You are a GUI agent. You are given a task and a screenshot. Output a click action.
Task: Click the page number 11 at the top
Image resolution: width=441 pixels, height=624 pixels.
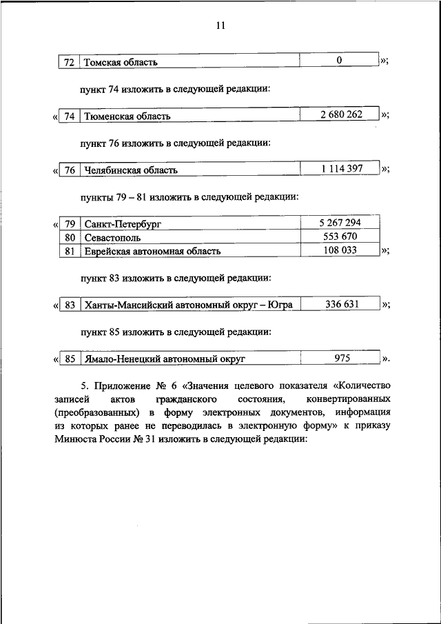(220, 26)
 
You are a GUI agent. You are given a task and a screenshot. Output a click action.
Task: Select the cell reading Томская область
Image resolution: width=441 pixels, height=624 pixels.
(121, 62)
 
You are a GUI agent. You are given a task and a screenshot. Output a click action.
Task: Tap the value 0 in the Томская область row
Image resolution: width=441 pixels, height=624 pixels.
(340, 61)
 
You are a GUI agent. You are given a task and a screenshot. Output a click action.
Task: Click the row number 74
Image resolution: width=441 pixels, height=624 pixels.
(69, 117)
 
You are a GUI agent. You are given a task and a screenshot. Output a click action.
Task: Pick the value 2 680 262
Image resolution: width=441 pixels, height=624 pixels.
(340, 114)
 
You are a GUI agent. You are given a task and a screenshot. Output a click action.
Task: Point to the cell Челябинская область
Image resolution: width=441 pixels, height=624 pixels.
(131, 170)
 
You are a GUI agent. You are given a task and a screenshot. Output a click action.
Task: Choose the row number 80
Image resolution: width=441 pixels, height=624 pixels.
(69, 238)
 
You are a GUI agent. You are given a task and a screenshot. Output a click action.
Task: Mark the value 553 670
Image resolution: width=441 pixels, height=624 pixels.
(340, 236)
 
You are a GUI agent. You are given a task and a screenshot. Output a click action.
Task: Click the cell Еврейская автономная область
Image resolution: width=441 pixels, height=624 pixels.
(152, 252)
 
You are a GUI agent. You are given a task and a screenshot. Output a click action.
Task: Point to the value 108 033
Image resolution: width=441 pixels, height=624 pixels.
(340, 250)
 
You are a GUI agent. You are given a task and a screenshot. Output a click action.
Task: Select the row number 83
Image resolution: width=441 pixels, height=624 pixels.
(69, 305)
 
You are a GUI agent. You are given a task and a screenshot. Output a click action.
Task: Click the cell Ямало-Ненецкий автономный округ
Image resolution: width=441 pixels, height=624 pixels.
(165, 360)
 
